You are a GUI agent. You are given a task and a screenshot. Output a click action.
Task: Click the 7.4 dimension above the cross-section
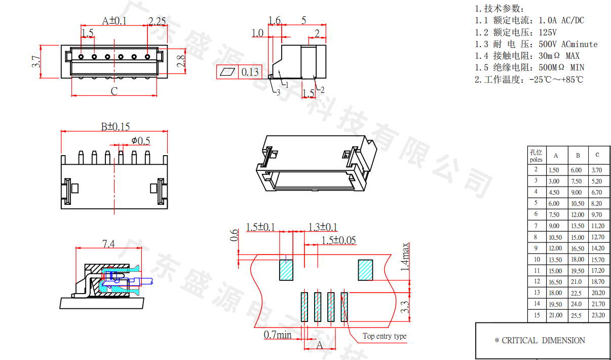[x=108, y=243]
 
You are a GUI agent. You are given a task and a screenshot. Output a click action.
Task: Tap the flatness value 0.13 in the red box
[x=250, y=72]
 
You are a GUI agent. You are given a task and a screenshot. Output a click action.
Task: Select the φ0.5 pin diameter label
[x=141, y=141]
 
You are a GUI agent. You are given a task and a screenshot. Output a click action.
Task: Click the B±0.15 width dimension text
[x=115, y=127]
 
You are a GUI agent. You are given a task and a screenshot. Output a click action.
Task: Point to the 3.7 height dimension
[x=36, y=62]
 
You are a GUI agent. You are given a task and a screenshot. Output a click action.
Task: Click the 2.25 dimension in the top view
[x=157, y=21]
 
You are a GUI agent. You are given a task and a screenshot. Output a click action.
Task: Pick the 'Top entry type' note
[x=385, y=336]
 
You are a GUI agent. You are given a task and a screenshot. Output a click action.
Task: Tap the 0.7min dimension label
[x=278, y=335]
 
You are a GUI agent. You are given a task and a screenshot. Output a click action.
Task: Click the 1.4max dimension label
[x=405, y=257]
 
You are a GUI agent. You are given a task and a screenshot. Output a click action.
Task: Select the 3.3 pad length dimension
[x=405, y=307]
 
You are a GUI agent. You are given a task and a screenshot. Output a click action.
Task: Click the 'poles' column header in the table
[x=536, y=160]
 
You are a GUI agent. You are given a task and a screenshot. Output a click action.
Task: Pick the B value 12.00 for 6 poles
[x=578, y=215]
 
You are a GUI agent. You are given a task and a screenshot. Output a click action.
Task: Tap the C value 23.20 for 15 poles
[x=598, y=315]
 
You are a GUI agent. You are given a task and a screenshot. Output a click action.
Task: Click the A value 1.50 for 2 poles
[x=554, y=170]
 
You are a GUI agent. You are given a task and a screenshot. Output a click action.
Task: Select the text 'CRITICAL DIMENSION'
[x=543, y=340]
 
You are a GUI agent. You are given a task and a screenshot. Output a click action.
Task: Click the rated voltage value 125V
[x=548, y=32]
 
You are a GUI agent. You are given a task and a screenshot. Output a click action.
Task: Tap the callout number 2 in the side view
[x=322, y=90]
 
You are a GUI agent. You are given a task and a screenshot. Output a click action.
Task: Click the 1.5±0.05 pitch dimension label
[x=338, y=240]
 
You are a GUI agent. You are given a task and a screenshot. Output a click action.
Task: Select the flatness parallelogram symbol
[x=227, y=72]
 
